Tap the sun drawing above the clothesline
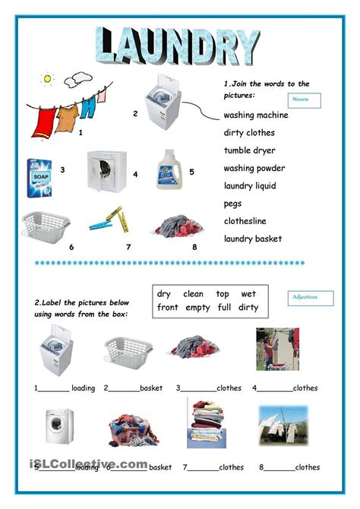(48, 78)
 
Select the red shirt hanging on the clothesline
(46, 118)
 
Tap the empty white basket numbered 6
(46, 225)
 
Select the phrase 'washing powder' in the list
(254, 168)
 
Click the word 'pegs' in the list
(232, 204)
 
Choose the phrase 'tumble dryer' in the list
(250, 150)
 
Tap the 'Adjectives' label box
(311, 298)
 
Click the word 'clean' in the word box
(194, 294)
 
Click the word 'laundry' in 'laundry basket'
(238, 239)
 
